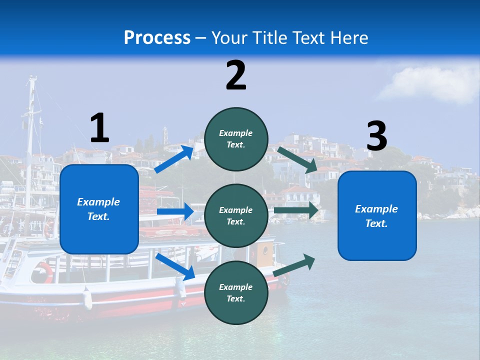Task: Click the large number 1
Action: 99,128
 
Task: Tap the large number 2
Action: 236,75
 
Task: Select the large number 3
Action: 376,136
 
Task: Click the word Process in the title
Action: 157,37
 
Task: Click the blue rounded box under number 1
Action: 99,209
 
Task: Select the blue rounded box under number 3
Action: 377,216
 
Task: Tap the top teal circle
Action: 236,139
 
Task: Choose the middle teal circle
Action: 236,215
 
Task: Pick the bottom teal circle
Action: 236,292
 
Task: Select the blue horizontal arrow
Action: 175,211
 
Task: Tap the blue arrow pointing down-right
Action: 175,266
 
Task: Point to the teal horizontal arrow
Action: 296,211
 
